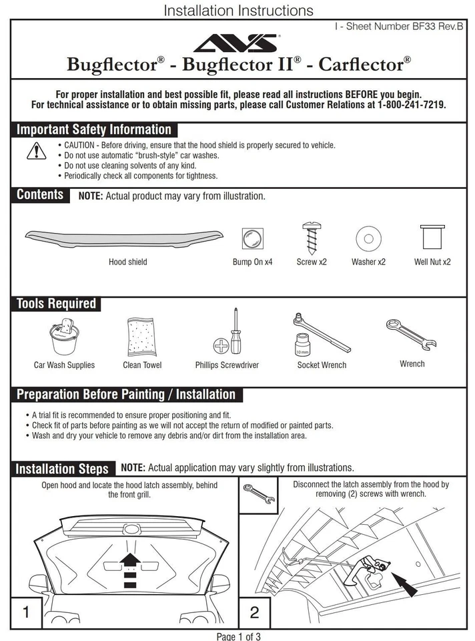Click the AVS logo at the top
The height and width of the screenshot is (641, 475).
pos(237,44)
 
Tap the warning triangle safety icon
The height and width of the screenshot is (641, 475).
pos(36,151)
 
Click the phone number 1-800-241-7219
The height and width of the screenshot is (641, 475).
pos(411,105)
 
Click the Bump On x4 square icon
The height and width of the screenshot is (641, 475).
pos(252,238)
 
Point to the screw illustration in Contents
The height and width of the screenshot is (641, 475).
pos(312,237)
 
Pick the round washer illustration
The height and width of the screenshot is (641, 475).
pos(368,238)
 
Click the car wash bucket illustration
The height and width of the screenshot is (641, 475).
pos(65,337)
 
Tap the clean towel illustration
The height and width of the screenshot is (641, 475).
pos(141,337)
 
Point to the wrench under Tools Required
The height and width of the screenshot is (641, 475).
pos(412,333)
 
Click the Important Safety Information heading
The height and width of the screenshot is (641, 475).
pos(94,130)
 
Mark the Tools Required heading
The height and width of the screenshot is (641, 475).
pos(57,304)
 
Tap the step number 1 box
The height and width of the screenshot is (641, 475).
pos(26,612)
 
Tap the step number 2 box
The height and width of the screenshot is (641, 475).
pos(254,612)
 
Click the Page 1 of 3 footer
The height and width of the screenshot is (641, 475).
pos(238,636)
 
